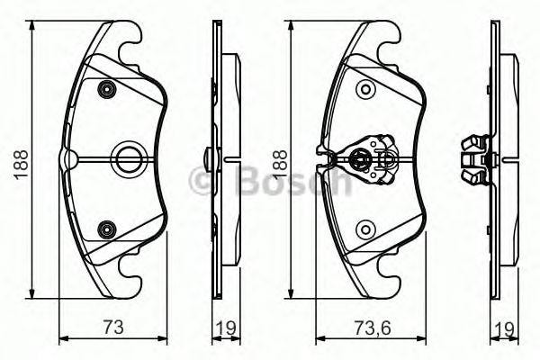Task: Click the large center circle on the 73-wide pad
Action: [126, 159]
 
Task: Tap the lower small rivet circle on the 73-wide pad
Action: [108, 229]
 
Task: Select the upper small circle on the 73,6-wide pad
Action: [364, 88]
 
